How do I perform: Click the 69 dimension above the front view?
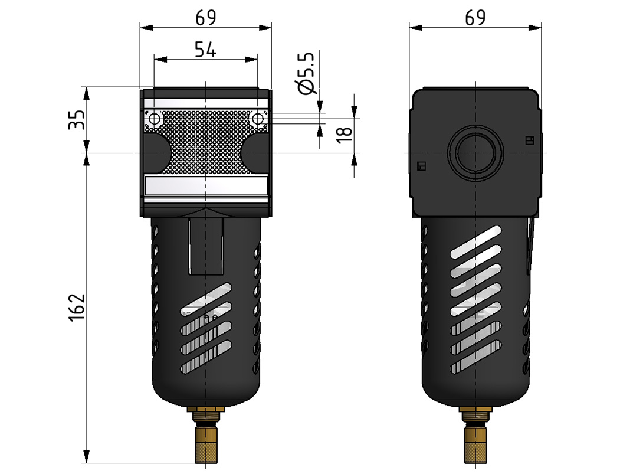pyautogui.click(x=205, y=18)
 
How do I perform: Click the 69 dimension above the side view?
pyautogui.click(x=475, y=18)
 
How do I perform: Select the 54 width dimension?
pyautogui.click(x=205, y=50)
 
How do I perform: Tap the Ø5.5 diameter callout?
pyautogui.click(x=308, y=73)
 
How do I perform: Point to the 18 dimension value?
pyautogui.click(x=346, y=131)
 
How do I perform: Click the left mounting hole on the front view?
pyautogui.click(x=154, y=119)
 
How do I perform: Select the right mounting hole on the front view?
pyautogui.click(x=257, y=119)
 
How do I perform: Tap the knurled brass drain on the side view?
pyautogui.click(x=475, y=443)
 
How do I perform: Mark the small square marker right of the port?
pyautogui.click(x=529, y=140)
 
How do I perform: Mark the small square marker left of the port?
pyautogui.click(x=421, y=166)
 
